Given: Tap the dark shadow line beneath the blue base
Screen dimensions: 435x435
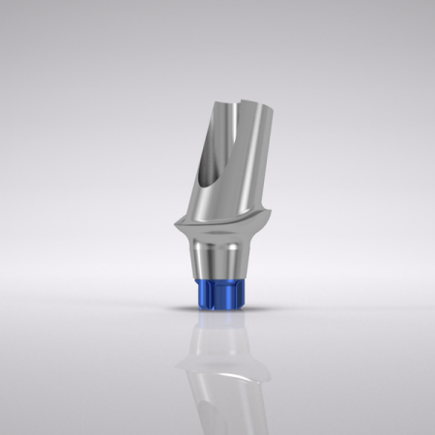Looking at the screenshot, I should [217, 309].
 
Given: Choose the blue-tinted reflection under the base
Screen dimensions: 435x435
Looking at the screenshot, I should [217, 321].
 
